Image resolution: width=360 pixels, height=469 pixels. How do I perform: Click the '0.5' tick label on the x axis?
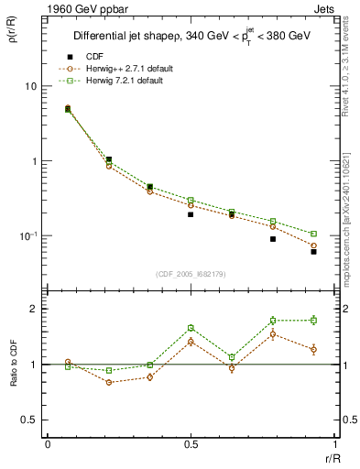(191, 444)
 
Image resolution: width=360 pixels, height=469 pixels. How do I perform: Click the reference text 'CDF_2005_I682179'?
(191, 272)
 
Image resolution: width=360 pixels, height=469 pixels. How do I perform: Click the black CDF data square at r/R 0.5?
(191, 214)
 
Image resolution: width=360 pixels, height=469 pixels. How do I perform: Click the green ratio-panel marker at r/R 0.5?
(191, 327)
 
